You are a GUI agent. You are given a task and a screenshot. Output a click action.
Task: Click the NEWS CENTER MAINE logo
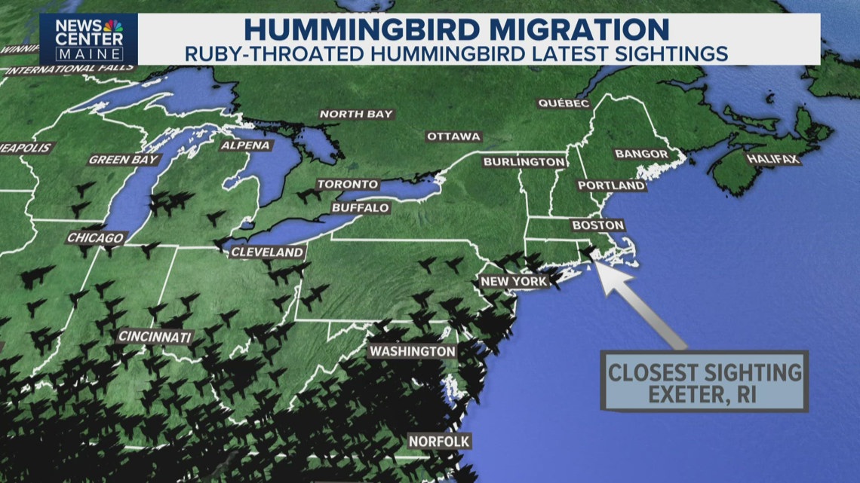(x=89, y=38)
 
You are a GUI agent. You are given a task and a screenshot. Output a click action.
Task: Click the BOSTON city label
(x=597, y=225)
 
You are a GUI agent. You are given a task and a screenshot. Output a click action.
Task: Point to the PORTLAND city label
(x=611, y=185)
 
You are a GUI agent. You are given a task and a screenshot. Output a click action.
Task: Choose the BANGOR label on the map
(x=641, y=154)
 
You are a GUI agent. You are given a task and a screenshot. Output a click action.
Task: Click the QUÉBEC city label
(x=563, y=103)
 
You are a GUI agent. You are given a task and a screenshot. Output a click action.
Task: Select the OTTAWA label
(x=453, y=136)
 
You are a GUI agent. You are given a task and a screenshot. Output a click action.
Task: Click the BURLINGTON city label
(x=524, y=162)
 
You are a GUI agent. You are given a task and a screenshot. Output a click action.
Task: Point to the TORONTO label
(x=347, y=184)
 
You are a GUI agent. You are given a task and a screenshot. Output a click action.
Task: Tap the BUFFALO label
(x=360, y=207)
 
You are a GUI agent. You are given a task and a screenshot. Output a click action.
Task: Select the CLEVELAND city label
(x=267, y=252)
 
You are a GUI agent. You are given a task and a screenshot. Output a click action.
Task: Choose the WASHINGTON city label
(x=412, y=352)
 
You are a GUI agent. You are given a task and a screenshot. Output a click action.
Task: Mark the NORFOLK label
(x=439, y=441)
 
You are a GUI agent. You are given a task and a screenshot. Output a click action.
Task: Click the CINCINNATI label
(x=155, y=337)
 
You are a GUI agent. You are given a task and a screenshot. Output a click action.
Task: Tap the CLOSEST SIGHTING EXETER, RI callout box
(x=704, y=381)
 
